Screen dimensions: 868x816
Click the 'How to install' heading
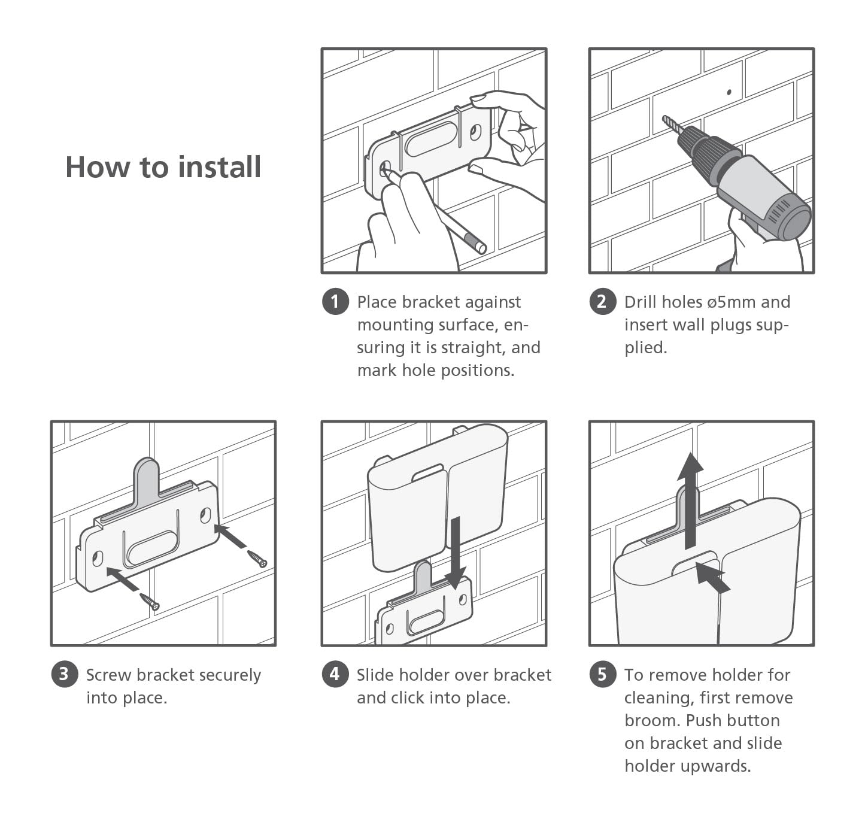(x=163, y=167)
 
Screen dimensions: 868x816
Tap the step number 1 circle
(x=335, y=301)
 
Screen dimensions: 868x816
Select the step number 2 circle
(x=602, y=301)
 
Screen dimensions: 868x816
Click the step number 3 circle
(x=64, y=674)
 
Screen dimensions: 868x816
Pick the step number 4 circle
(x=335, y=674)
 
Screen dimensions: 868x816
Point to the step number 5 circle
(x=602, y=674)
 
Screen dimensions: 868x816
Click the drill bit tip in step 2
(x=664, y=117)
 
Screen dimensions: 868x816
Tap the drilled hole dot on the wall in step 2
(x=729, y=92)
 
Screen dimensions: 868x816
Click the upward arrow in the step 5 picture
(x=690, y=500)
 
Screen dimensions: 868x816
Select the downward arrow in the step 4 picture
(x=456, y=553)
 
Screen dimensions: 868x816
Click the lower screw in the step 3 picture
(x=150, y=602)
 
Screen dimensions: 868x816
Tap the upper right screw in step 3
(x=257, y=559)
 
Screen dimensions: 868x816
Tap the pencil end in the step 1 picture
(x=480, y=248)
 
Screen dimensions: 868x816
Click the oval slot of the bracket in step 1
(x=431, y=139)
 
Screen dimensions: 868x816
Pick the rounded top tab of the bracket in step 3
(x=147, y=477)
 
